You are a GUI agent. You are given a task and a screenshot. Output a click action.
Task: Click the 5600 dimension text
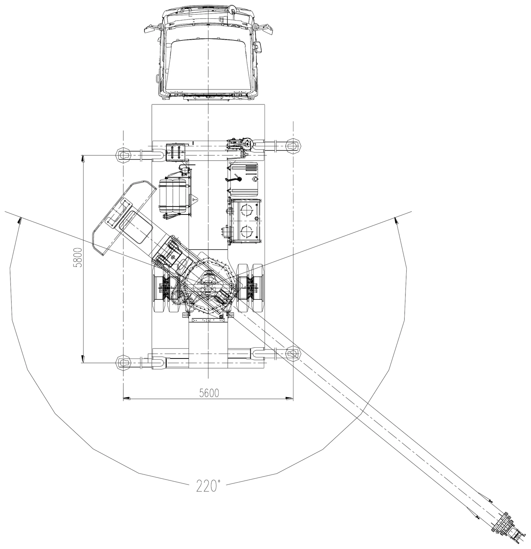tap(209, 393)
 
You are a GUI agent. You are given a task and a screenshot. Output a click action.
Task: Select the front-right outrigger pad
tap(293, 145)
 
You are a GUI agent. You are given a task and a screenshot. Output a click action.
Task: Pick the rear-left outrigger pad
tap(124, 362)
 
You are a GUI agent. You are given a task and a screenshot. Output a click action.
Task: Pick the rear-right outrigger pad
tap(293, 353)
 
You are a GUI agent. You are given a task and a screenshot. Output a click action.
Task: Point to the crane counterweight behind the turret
tap(124, 217)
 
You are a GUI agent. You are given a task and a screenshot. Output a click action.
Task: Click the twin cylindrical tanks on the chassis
tap(173, 195)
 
